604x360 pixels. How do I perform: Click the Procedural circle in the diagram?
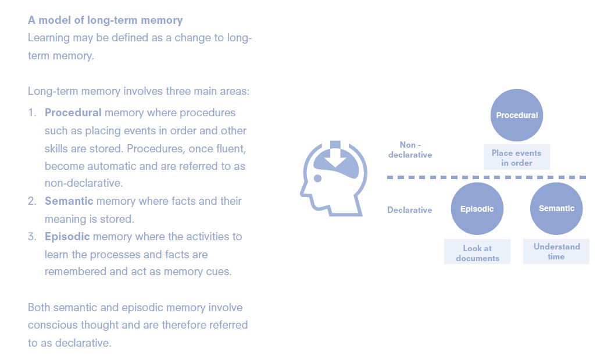pyautogui.click(x=516, y=115)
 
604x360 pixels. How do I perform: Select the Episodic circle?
pyautogui.click(x=477, y=209)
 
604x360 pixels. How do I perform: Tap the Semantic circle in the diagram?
pyautogui.click(x=556, y=208)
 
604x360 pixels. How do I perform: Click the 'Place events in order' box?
pyautogui.click(x=516, y=158)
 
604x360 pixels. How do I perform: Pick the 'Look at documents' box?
pyautogui.click(x=477, y=253)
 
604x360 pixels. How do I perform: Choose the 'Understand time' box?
pyautogui.click(x=556, y=251)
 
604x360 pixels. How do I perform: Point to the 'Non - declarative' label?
pyautogui.click(x=410, y=149)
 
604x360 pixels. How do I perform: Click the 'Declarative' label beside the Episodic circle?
pyautogui.click(x=410, y=209)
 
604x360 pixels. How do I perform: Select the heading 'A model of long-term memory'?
pyautogui.click(x=105, y=20)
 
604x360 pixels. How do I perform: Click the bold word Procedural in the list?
pyautogui.click(x=73, y=112)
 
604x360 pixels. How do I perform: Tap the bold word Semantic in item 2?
pyautogui.click(x=69, y=201)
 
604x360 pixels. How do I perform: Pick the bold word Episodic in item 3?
pyautogui.click(x=67, y=236)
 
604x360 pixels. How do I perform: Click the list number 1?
pyautogui.click(x=32, y=112)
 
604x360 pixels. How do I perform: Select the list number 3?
pyautogui.click(x=32, y=236)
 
